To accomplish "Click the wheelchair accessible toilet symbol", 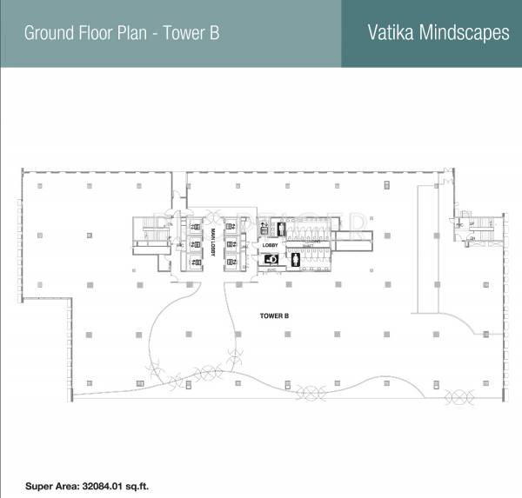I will point(271,258).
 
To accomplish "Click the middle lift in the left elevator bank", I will point(194,245).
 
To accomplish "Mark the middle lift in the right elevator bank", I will point(231,245).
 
